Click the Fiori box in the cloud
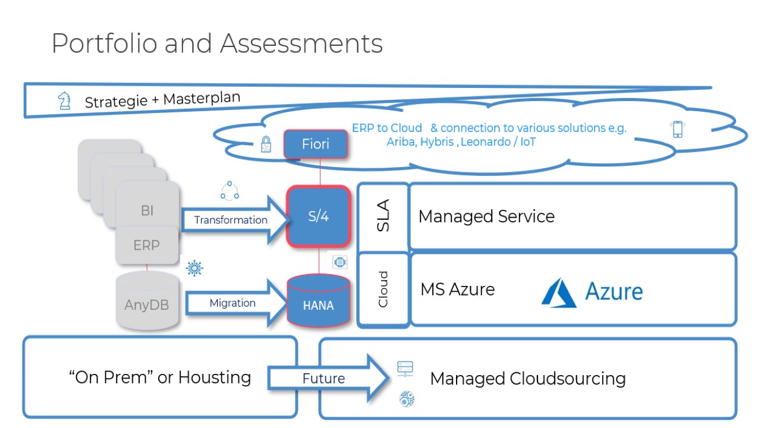coord(315,144)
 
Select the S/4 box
coord(319,216)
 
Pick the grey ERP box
coord(146,245)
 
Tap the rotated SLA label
coord(383,216)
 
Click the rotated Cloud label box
coord(383,289)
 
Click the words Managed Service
coord(486,216)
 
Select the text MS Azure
coord(457,289)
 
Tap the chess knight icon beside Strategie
coord(64,101)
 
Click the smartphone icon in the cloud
coord(677,129)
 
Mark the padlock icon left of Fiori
coord(266,144)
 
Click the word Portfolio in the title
coord(103,43)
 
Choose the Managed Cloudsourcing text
coord(527,379)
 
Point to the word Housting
coord(214,377)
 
